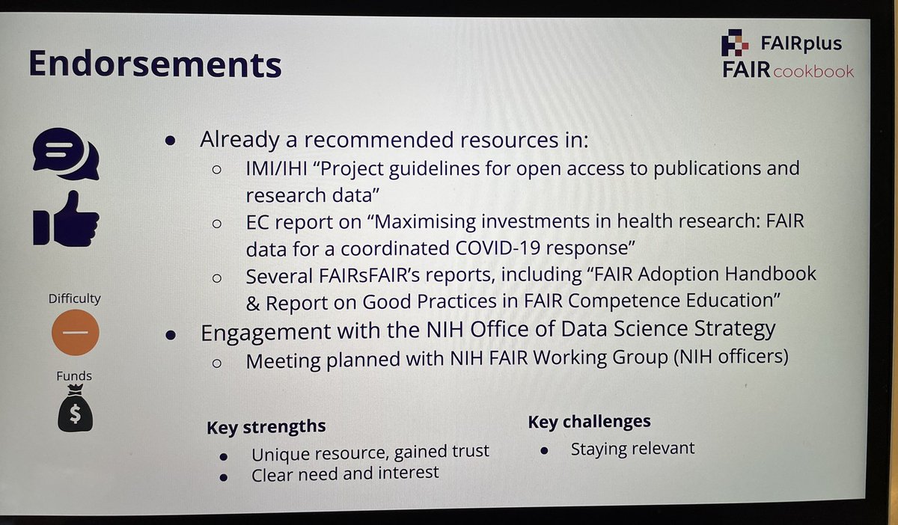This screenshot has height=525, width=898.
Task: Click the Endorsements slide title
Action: coord(155,64)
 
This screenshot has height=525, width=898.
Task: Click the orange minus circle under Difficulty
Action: coord(76,331)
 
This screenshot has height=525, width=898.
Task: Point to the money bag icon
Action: coord(75,411)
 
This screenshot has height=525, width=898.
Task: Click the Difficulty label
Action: coord(75,299)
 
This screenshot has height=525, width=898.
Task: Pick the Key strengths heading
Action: coord(266,427)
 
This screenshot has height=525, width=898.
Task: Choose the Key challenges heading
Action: coord(589,422)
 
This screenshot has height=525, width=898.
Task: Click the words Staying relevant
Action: coord(632,449)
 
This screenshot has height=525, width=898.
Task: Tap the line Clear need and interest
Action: coord(345,474)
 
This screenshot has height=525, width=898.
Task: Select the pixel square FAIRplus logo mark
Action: coord(734,43)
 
